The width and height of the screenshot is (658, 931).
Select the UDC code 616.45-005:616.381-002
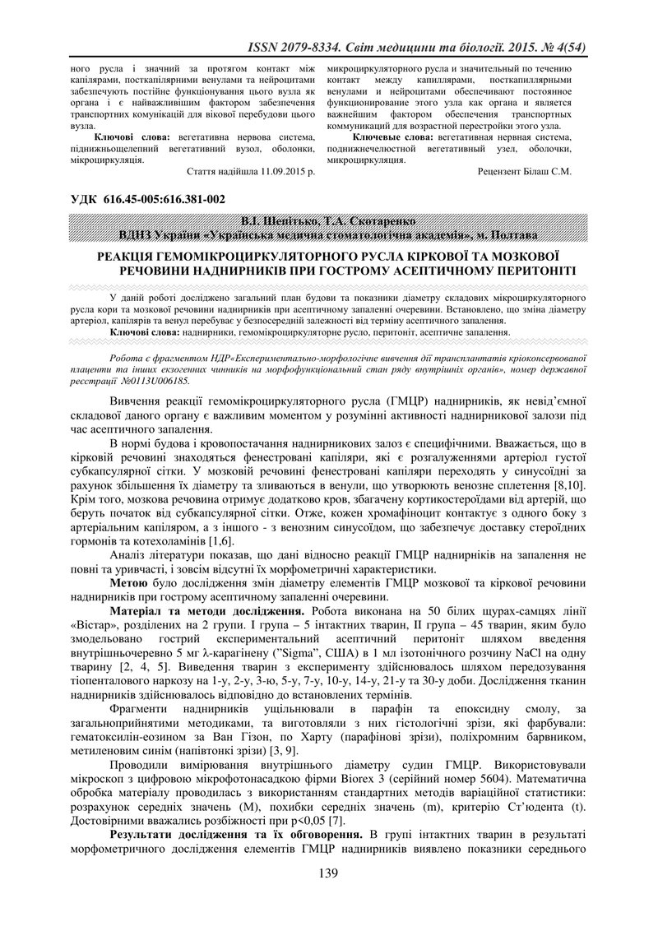coord(166,199)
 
